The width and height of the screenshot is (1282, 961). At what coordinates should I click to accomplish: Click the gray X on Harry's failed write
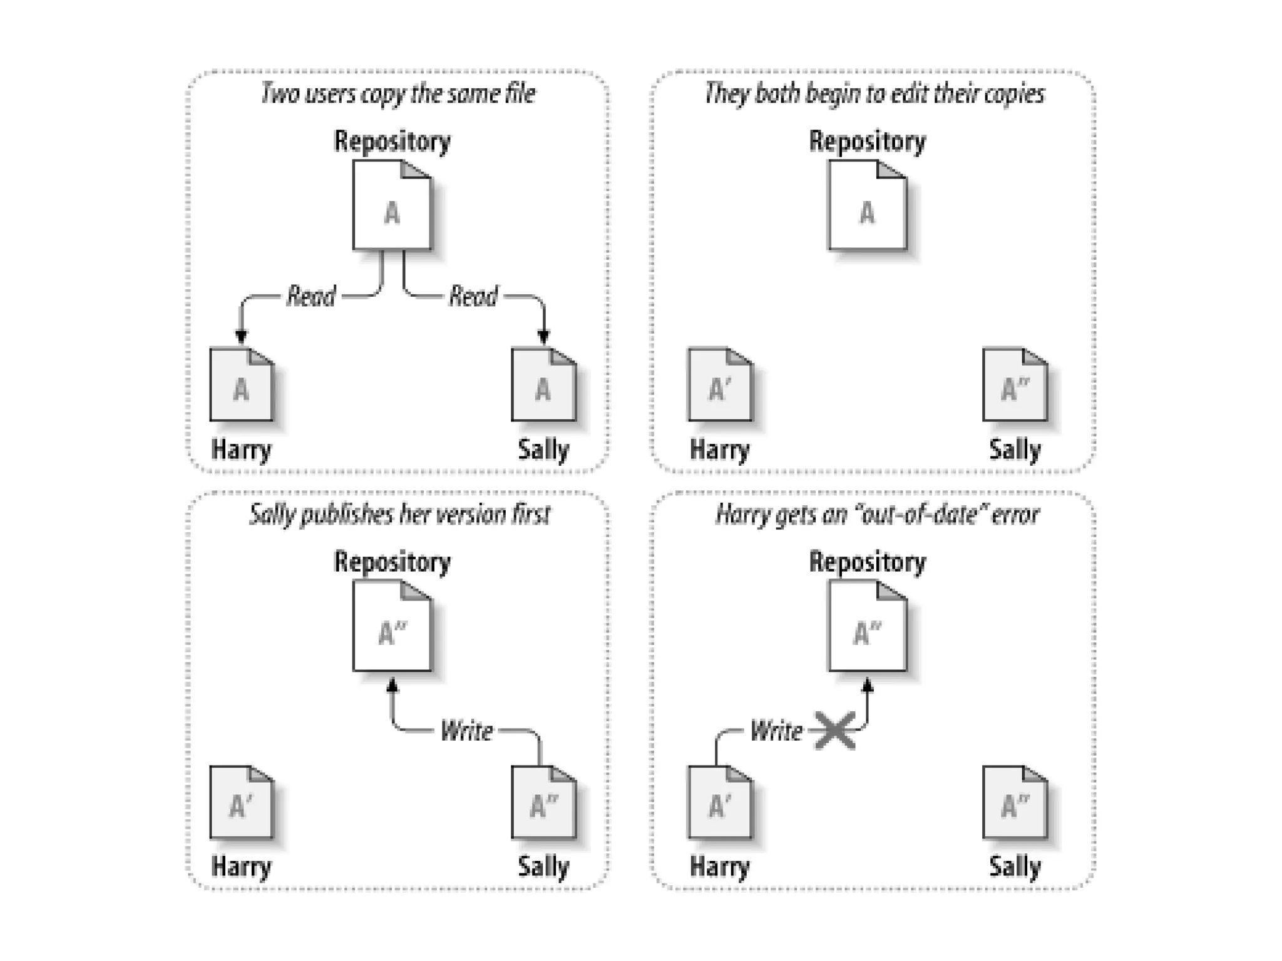836,730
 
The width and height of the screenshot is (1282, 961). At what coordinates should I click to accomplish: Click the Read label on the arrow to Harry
311,296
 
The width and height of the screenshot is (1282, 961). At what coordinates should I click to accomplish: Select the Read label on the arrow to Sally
473,296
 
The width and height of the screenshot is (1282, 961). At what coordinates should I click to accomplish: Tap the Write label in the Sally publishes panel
466,731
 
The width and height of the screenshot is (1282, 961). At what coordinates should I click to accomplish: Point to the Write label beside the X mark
776,731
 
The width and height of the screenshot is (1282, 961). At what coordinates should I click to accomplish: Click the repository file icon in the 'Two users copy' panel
392,205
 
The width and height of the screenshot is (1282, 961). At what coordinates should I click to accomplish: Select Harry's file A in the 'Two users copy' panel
242,384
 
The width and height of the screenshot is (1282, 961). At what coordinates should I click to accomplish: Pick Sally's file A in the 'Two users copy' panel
543,384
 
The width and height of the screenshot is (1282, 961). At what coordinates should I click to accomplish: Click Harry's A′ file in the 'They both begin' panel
719,384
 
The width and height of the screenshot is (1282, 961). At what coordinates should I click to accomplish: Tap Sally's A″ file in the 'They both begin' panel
1015,384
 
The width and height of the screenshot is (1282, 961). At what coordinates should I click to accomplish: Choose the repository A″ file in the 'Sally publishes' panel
392,626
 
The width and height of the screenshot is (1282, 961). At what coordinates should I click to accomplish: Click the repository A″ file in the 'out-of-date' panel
868,626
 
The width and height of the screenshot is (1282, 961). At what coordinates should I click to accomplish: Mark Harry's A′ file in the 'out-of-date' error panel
719,803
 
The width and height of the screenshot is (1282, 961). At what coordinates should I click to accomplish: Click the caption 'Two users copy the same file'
398,94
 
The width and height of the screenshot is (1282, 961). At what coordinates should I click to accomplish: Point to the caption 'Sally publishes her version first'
399,515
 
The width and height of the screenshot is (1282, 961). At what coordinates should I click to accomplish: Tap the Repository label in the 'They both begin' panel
868,141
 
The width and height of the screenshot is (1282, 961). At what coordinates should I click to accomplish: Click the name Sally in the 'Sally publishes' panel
543,867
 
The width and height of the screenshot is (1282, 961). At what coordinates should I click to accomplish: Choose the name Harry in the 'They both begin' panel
719,450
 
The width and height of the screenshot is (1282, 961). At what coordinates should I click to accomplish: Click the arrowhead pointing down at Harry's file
242,337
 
